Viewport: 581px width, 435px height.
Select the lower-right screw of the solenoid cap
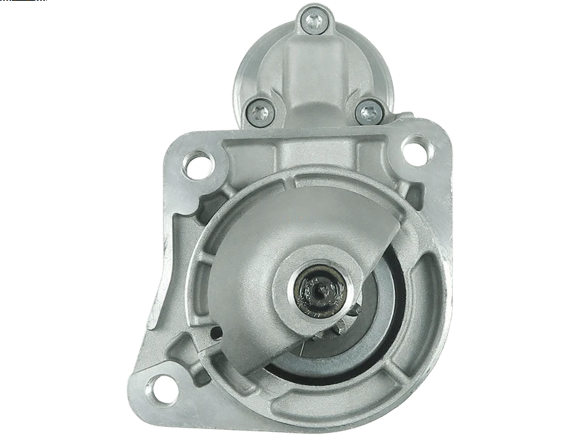(368, 112)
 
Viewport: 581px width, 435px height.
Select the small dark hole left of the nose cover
(217, 333)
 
